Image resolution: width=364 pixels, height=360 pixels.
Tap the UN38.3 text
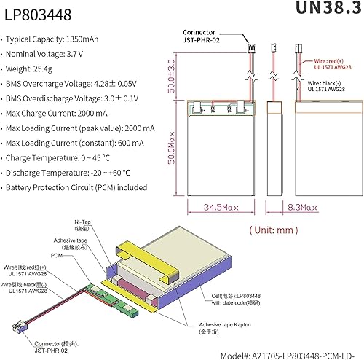pos(327,9)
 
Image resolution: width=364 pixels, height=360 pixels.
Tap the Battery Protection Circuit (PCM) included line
pos(76,187)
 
